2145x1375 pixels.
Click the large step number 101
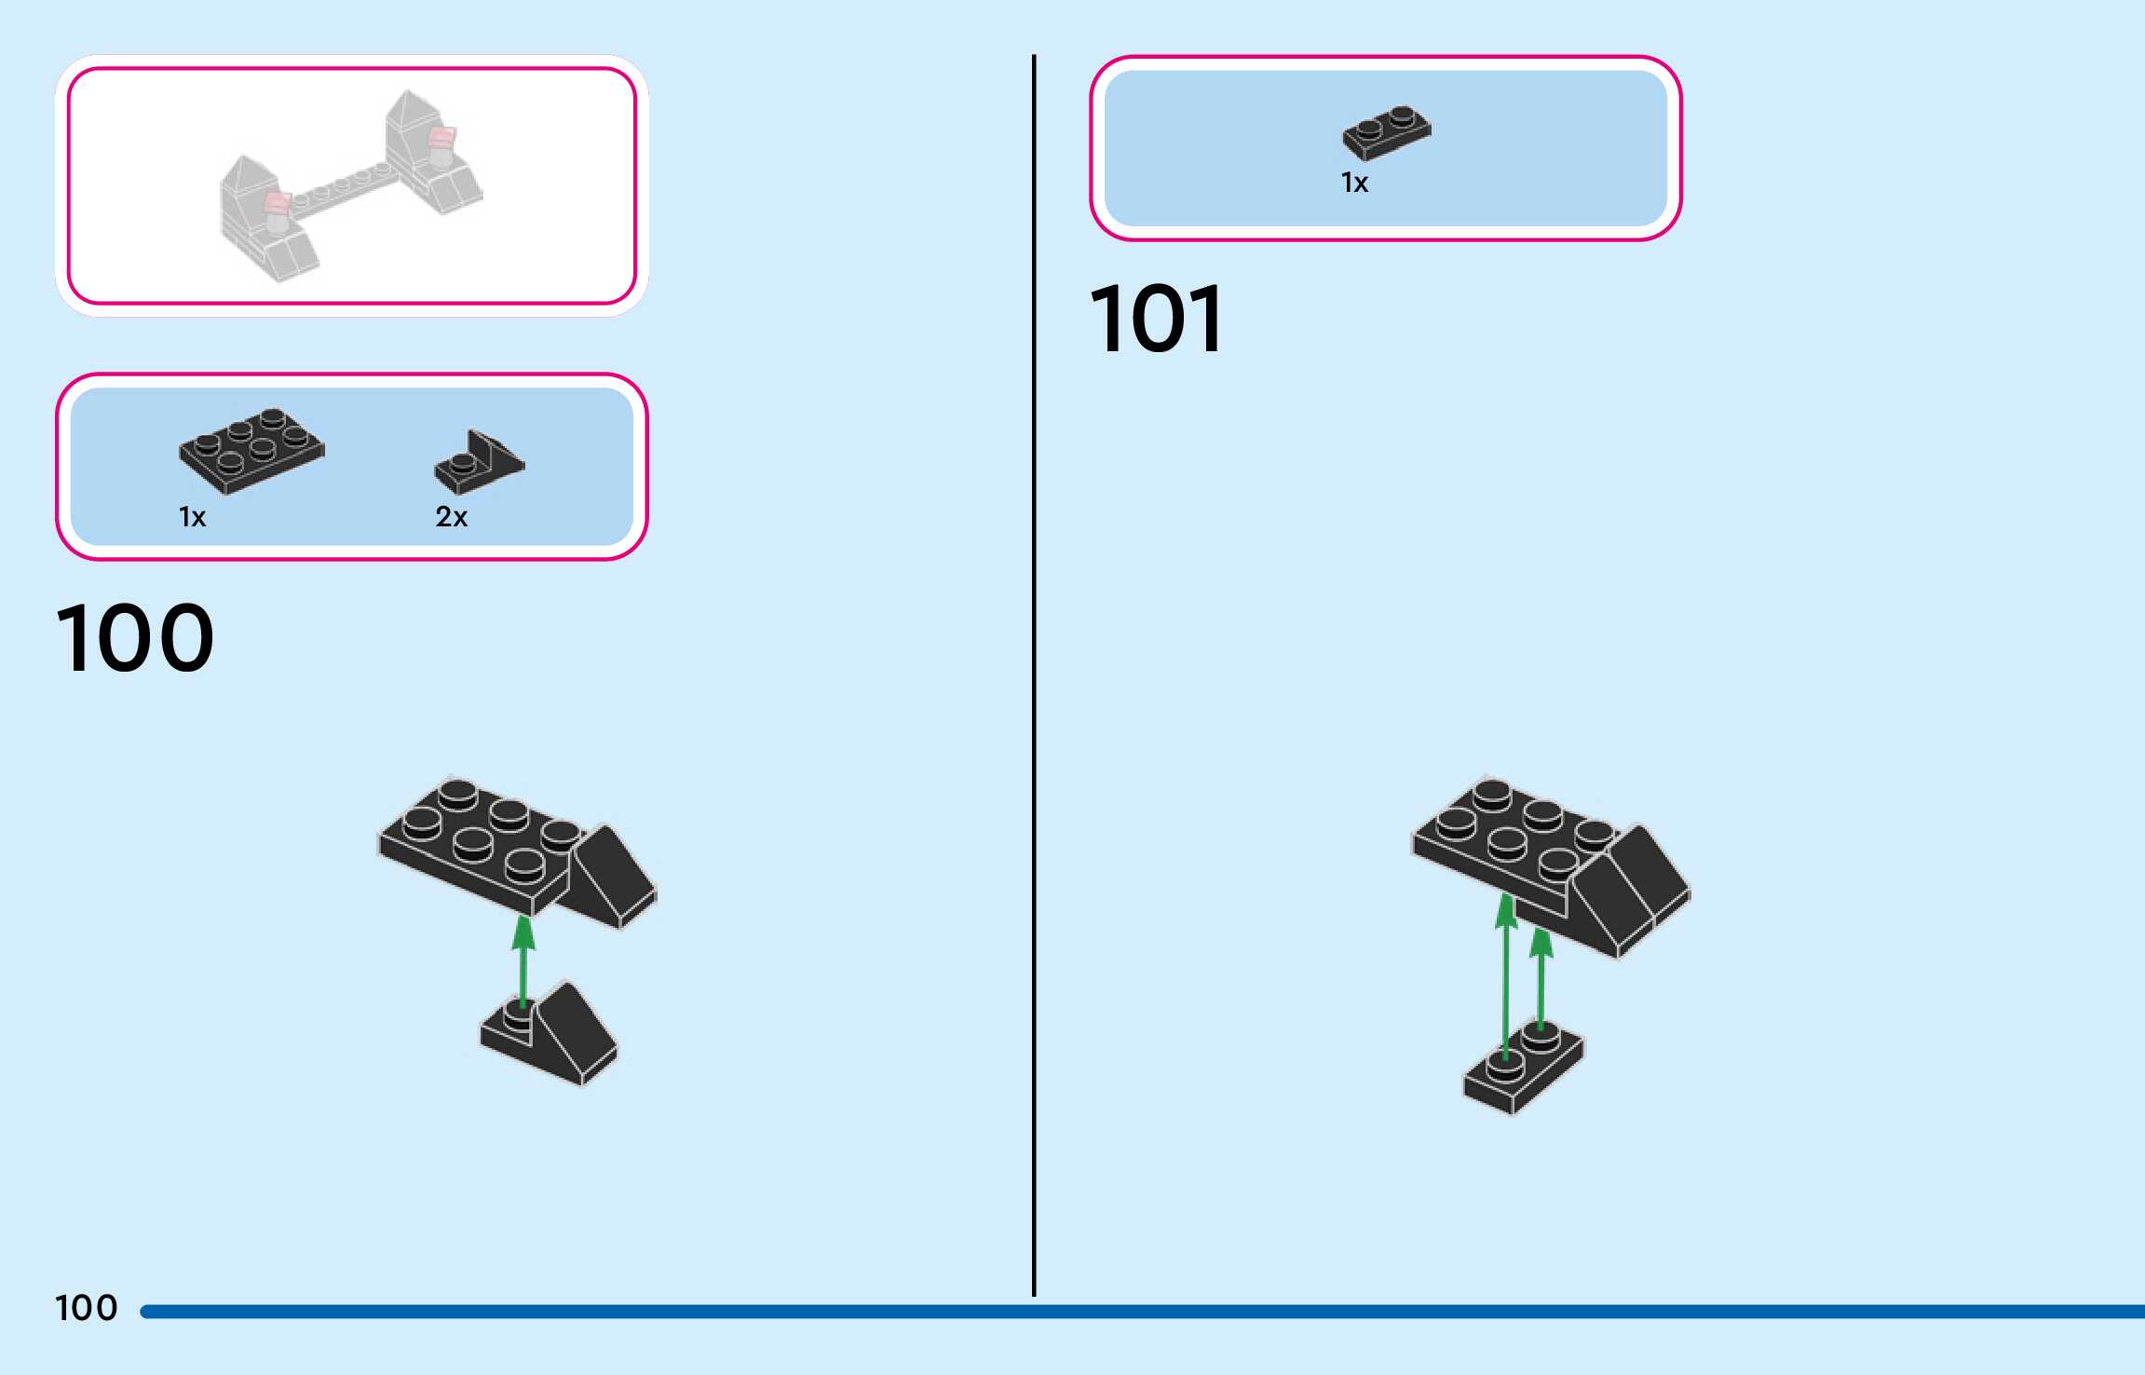[x=1157, y=320]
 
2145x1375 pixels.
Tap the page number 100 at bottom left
[x=87, y=1308]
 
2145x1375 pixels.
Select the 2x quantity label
[x=452, y=517]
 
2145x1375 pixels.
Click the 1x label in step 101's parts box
[x=1354, y=183]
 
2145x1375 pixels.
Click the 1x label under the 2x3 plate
[x=192, y=517]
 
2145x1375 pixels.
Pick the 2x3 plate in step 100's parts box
[x=251, y=450]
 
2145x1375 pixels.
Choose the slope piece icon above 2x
[x=480, y=462]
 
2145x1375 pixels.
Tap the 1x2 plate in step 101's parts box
[x=1386, y=132]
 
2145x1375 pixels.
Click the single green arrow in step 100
[x=523, y=960]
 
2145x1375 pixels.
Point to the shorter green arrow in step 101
[x=1541, y=978]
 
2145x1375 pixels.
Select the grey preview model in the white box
[x=351, y=186]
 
